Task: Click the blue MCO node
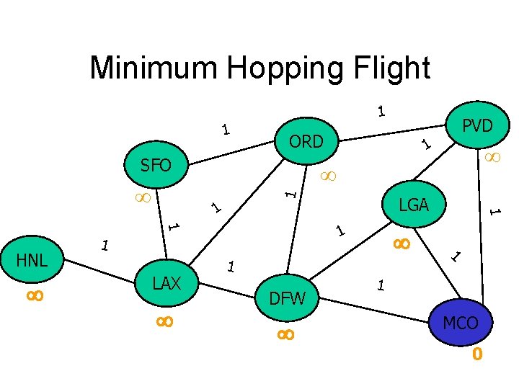[x=461, y=323]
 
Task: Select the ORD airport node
[x=306, y=142]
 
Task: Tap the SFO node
[x=156, y=166]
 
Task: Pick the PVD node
[x=477, y=126]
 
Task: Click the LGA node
[x=414, y=205]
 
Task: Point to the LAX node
[x=167, y=283]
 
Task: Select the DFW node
[x=288, y=298]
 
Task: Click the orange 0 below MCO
[x=476, y=355]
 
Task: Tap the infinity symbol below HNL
[x=35, y=295]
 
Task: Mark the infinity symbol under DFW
[x=285, y=334]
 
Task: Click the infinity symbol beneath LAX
[x=164, y=322]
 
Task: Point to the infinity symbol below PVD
[x=493, y=156]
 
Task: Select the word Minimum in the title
[x=154, y=68]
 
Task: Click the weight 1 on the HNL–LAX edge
[x=105, y=246]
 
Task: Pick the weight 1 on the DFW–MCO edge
[x=381, y=285]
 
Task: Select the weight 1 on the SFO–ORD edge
[x=226, y=130]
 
